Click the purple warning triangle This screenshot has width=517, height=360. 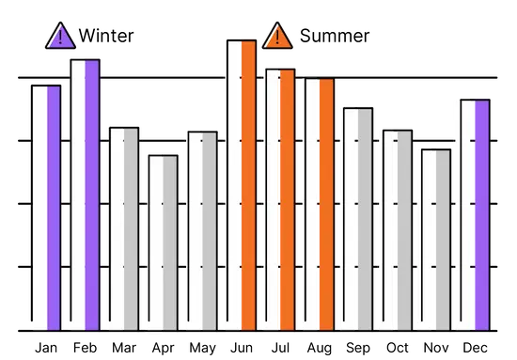point(60,37)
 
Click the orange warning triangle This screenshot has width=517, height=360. point(277,37)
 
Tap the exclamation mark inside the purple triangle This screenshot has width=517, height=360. point(60,38)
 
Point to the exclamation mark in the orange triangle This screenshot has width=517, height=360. point(277,38)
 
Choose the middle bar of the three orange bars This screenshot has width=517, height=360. point(279,197)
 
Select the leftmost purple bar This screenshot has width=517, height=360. point(46,207)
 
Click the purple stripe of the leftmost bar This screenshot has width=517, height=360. point(54,207)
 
